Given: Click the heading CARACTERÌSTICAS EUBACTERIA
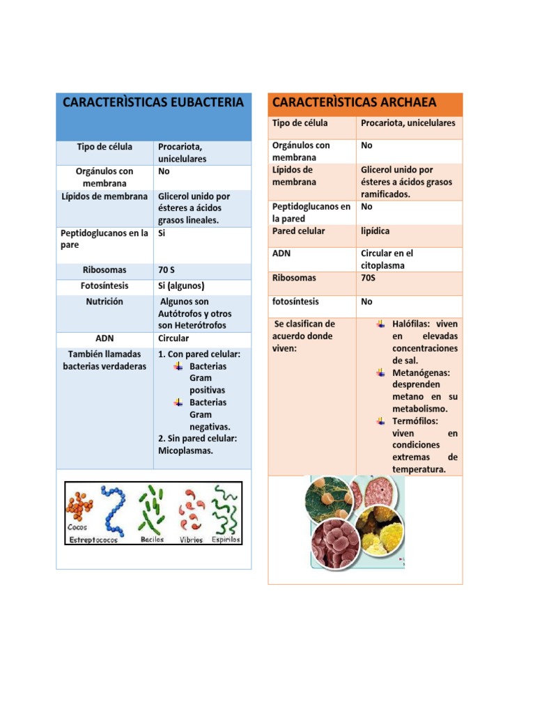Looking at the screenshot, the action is pos(153,102).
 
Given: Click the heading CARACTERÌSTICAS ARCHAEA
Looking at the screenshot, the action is pos(354,102).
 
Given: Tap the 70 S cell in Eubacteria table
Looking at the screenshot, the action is pos(170,269).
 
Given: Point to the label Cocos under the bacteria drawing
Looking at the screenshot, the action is pos(77,528).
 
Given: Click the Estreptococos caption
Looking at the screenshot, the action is pos(93,539).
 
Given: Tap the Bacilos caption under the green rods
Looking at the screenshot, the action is pos(152,539).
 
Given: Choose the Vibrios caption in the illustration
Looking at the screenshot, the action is pos(191,539).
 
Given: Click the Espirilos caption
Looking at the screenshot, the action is pos(226,539).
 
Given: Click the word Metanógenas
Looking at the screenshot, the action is pos(421,373).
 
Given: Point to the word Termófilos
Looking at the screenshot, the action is pos(414,421).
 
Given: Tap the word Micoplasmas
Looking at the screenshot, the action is pos(185,450).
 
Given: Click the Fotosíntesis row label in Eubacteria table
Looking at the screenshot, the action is pos(104,285).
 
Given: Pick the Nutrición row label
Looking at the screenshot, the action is pos(104,301).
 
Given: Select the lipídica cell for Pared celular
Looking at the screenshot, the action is pos(375,230).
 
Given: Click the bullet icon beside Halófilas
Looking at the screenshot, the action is pos(380,324).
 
